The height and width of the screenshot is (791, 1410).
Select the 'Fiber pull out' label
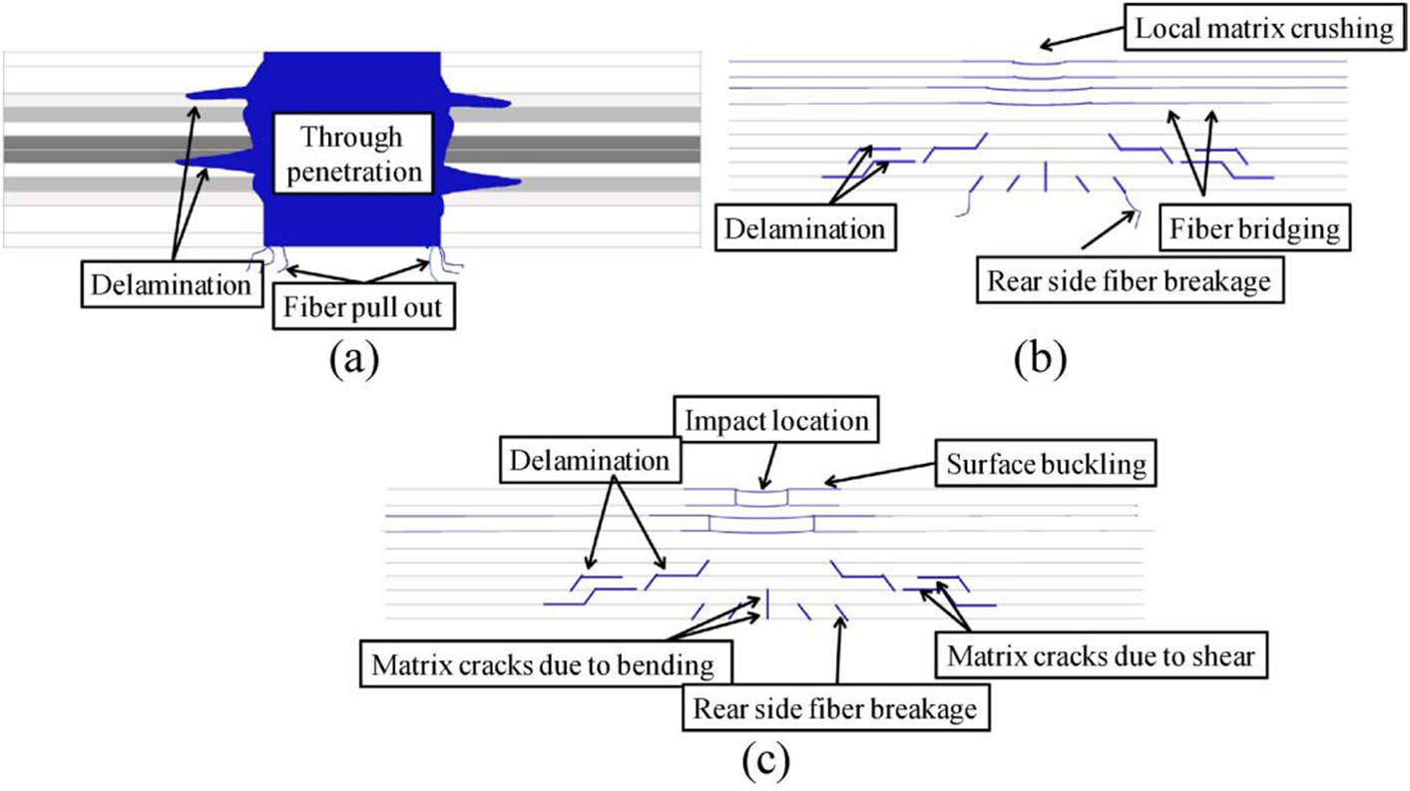(x=364, y=310)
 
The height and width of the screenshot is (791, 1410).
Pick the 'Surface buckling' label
(x=1045, y=466)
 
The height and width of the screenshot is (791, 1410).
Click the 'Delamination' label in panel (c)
(x=587, y=462)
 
